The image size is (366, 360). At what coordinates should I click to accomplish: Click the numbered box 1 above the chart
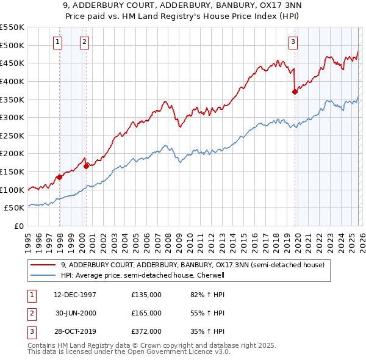pos(57,42)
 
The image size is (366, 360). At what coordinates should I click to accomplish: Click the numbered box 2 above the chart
pos(84,42)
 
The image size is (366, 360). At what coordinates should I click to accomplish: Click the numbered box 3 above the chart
pos(293,42)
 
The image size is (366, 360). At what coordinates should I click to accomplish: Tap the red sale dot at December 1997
pos(60,177)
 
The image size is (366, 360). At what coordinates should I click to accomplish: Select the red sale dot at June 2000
pos(87,165)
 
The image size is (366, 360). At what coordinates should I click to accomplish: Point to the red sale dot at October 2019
pos(295,92)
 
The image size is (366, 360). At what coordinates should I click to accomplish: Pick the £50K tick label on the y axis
pos(15,208)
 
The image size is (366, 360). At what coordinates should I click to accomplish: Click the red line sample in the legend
pos(43,265)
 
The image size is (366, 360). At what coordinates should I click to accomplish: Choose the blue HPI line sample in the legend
pos(43,275)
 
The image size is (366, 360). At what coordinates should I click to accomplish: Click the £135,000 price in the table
pos(146,295)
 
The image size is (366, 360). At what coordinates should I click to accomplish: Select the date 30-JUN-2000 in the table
pos(76,313)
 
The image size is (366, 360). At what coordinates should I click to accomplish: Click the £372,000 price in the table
pos(146,331)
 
